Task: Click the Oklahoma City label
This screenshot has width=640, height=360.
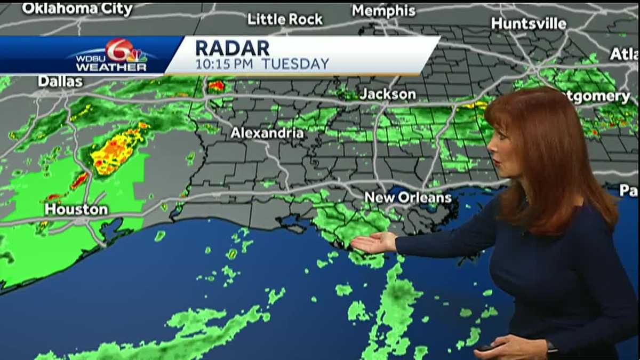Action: pyautogui.click(x=77, y=9)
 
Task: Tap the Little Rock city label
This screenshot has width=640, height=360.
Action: pyautogui.click(x=285, y=19)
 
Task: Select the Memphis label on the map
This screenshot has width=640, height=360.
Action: pyautogui.click(x=383, y=11)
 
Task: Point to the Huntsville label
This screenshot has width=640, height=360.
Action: pyautogui.click(x=529, y=23)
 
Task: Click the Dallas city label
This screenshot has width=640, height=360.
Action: pyautogui.click(x=60, y=82)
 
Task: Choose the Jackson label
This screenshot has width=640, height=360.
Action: pyautogui.click(x=388, y=94)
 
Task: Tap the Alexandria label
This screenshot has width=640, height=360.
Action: pyautogui.click(x=267, y=133)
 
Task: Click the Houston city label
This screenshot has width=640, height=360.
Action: pyautogui.click(x=76, y=210)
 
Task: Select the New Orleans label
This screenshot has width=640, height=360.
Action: pyautogui.click(x=408, y=198)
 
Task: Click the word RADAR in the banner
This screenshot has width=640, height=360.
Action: pyautogui.click(x=233, y=48)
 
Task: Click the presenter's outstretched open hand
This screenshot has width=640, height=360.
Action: pyautogui.click(x=373, y=243)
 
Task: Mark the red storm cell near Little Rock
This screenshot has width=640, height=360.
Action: pyautogui.click(x=217, y=85)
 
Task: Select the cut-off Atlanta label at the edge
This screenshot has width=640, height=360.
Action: pyautogui.click(x=625, y=54)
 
